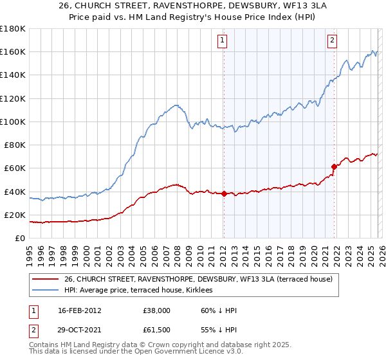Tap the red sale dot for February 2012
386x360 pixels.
click(224, 194)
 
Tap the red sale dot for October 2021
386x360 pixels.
click(334, 166)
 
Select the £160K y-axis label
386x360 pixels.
click(13, 51)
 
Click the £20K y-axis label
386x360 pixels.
click(15, 215)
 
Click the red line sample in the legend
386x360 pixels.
click(45, 279)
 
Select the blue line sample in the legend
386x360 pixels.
click(45, 290)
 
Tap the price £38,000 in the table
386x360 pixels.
click(157, 310)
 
